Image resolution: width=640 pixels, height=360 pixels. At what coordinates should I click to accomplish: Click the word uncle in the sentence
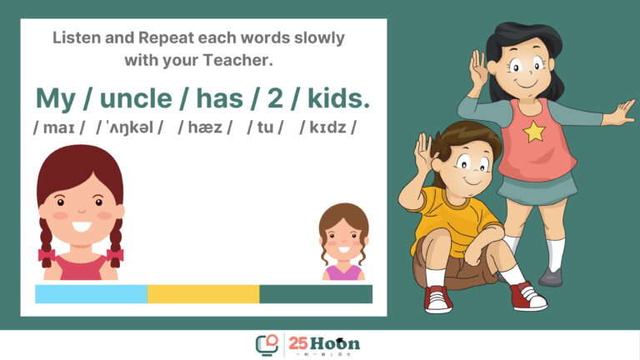[136, 98]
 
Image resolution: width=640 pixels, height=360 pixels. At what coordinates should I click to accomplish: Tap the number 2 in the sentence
[276, 98]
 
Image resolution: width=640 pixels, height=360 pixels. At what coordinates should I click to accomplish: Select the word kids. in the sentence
[338, 98]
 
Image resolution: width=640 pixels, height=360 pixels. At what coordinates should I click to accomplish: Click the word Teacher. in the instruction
[237, 60]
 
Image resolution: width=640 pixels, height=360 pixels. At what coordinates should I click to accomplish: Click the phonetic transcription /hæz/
[205, 127]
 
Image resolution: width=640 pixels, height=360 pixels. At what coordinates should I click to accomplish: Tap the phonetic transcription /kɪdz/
[327, 127]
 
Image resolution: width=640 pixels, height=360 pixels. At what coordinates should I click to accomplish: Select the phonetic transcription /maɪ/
[59, 127]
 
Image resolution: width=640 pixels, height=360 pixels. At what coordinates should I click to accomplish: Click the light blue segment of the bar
[91, 294]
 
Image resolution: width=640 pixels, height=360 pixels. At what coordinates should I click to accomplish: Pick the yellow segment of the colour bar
[203, 294]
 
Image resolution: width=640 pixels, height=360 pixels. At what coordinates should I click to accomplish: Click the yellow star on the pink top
[534, 132]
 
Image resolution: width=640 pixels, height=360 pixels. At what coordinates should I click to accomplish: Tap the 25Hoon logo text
[324, 343]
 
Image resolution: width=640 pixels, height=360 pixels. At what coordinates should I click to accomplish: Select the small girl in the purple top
[343, 242]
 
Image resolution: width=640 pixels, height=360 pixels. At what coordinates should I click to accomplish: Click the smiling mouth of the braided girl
[81, 226]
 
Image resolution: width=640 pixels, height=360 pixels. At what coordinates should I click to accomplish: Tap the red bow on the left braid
[47, 255]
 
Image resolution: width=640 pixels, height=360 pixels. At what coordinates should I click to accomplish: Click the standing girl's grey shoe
[551, 277]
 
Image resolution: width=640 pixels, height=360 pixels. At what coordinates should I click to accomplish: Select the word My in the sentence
[56, 99]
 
